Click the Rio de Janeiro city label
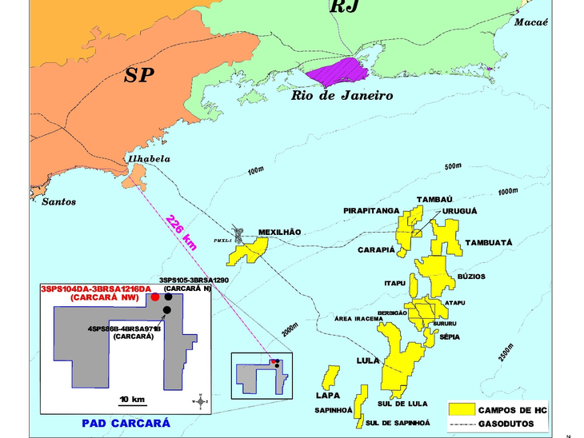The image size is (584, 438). tap(342, 95)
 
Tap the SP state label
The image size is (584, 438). tap(140, 75)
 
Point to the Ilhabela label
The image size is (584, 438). tap(147, 158)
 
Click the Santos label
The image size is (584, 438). tap(59, 201)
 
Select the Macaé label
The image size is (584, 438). tap(531, 22)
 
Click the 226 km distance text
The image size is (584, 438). tap(182, 229)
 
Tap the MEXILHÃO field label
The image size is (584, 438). tap(279, 233)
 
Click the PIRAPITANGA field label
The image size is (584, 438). tap(371, 210)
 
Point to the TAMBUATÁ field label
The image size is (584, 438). tap(488, 241)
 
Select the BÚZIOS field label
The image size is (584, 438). tap(471, 277)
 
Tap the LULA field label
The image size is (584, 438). tap(368, 360)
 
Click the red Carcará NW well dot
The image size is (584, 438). tap(154, 297)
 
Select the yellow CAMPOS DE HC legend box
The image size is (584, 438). tap(460, 408)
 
